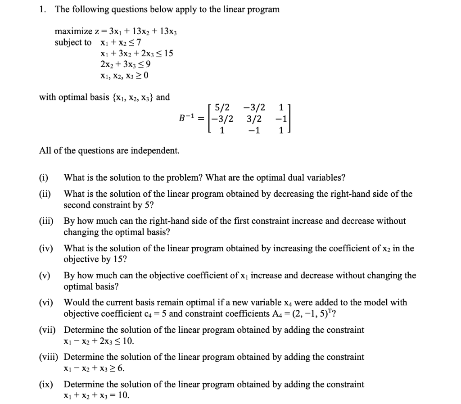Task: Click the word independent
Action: [156, 150]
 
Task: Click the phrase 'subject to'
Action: [72, 42]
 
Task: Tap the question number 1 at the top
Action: [41, 9]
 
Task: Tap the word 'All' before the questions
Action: [45, 150]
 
